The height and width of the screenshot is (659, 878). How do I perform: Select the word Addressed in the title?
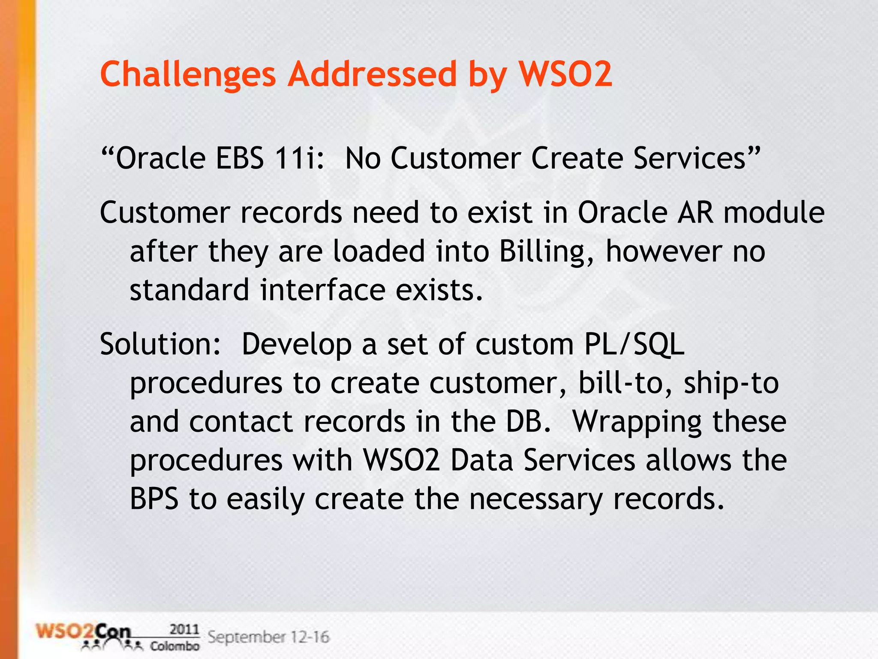(372, 74)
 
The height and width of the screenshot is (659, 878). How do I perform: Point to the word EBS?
(240, 158)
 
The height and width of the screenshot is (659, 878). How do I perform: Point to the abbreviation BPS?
(154, 499)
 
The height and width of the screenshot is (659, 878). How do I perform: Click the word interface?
(322, 290)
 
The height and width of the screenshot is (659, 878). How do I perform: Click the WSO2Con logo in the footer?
(84, 635)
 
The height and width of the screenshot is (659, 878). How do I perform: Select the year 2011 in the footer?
(184, 629)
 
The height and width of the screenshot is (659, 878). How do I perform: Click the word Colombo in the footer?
(174, 646)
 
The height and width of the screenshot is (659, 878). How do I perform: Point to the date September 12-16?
(268, 637)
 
